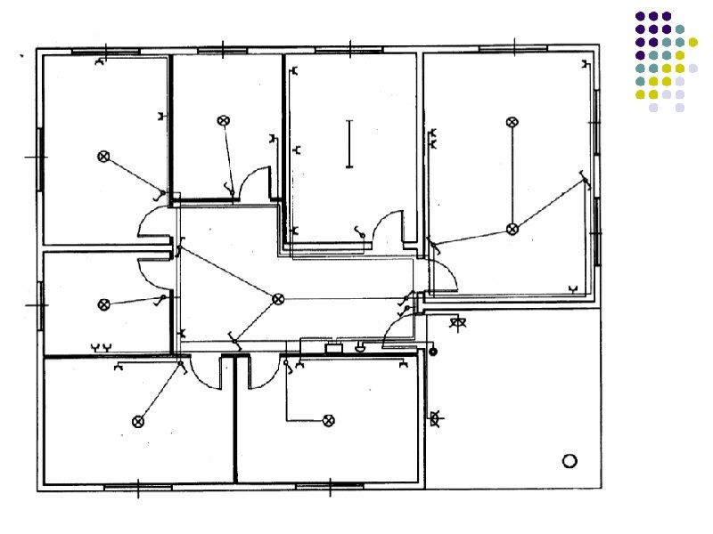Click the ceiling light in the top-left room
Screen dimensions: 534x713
click(x=103, y=157)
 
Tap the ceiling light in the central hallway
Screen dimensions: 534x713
click(x=278, y=298)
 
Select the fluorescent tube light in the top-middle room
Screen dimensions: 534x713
click(x=349, y=144)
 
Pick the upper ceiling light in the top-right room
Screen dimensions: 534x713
click(x=512, y=122)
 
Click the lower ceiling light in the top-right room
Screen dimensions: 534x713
click(x=512, y=229)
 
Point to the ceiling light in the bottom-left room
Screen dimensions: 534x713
click(x=138, y=421)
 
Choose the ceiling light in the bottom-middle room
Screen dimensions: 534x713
click(x=328, y=420)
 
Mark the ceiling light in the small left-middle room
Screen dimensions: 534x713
click(x=103, y=304)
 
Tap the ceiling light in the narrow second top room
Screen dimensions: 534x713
click(x=223, y=120)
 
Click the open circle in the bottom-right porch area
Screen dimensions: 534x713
click(x=570, y=460)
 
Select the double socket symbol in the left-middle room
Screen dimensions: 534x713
click(x=102, y=345)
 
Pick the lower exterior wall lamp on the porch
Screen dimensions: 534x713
click(x=437, y=417)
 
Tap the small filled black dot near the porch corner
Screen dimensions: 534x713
click(x=433, y=352)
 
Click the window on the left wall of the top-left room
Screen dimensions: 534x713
click(x=40, y=158)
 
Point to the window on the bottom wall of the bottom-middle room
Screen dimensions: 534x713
click(x=330, y=487)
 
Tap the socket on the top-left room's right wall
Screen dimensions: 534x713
click(x=161, y=117)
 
